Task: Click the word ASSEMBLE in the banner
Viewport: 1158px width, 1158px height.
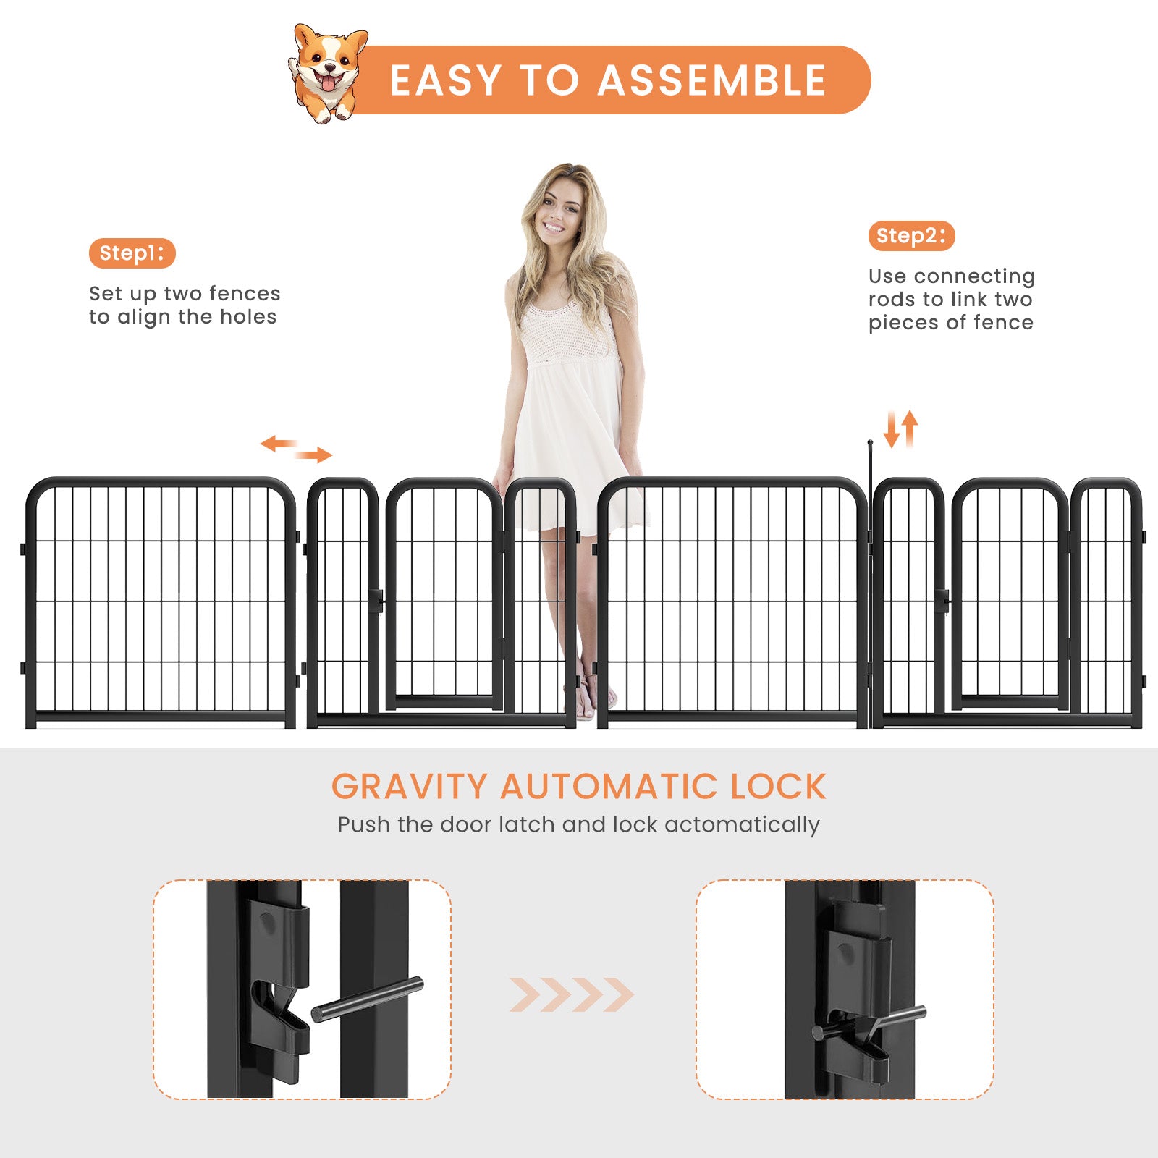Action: click(712, 80)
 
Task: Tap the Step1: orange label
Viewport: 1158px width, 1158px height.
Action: click(132, 253)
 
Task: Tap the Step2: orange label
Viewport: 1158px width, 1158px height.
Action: click(910, 236)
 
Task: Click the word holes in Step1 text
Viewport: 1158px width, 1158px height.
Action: click(248, 317)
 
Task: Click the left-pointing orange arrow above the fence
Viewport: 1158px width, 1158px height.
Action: click(279, 443)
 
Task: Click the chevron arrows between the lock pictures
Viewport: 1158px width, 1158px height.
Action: click(571, 994)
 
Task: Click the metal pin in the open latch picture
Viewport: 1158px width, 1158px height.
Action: click(368, 999)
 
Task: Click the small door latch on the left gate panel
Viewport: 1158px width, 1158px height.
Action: click(376, 601)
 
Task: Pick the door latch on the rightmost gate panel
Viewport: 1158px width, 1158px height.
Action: click(942, 601)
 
